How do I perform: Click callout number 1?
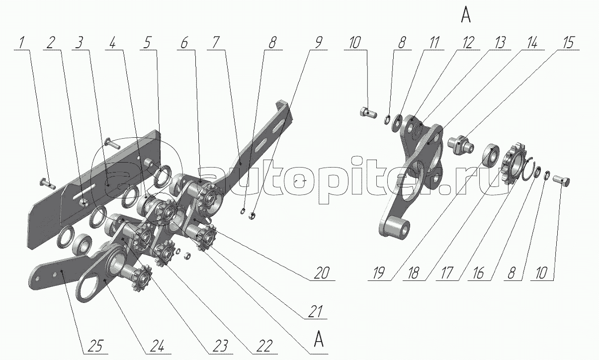22,43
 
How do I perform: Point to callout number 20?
322,273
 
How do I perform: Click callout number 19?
379,273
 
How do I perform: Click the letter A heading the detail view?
466,15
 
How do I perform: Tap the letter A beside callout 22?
318,339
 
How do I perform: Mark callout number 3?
79,43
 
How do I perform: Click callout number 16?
479,273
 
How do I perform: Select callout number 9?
318,43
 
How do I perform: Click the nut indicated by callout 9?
252,215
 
